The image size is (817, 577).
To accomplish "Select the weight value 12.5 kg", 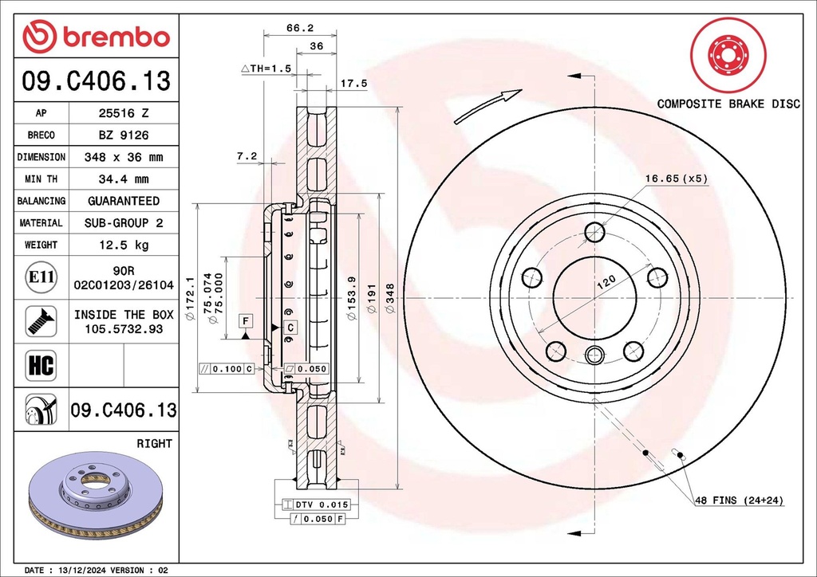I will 123,245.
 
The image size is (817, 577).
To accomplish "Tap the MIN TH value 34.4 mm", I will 123,179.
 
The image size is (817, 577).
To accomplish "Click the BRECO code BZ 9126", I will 123,135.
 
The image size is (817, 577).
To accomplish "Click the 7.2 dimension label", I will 247,156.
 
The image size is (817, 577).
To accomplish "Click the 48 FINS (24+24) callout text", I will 739,500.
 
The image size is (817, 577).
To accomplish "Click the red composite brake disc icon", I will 726,54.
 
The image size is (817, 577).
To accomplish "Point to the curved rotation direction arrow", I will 487,106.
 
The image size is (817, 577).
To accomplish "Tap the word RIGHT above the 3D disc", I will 155,443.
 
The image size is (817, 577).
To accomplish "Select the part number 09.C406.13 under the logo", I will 96,80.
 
